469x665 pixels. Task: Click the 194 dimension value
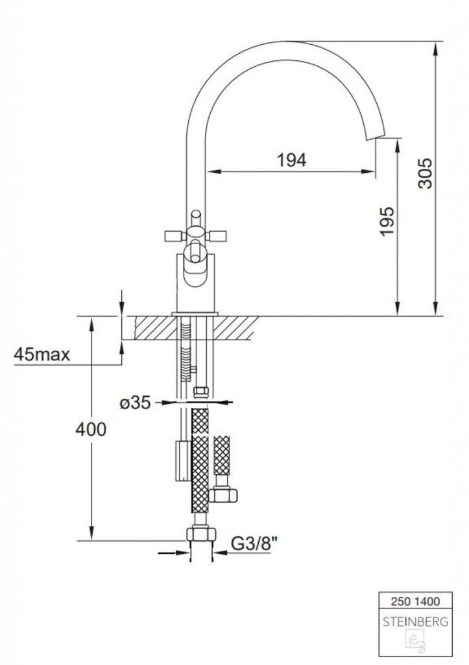coord(291,160)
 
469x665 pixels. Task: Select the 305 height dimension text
coord(425,173)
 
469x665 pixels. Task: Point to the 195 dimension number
coord(387,221)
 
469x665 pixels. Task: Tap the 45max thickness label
coord(42,354)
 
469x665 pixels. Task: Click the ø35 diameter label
coord(135,403)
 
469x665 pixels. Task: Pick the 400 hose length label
coord(91,429)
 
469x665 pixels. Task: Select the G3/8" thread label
coord(256,543)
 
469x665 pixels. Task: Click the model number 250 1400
coord(415,601)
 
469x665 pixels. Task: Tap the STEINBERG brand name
coord(415,622)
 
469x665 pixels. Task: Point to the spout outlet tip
coord(376,138)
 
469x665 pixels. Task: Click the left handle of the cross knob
coord(174,235)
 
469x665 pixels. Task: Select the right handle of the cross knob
coord(217,235)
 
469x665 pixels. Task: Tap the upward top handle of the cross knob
coord(195,218)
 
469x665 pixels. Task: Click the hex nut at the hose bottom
coord(201,533)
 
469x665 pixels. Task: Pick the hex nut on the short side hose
coord(224,494)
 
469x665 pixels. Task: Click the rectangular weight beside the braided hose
coord(184,461)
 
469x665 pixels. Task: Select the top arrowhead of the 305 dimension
coord(435,48)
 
